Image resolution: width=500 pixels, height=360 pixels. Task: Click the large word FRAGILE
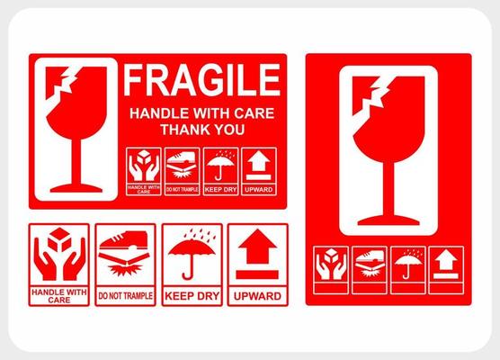[x=202, y=80]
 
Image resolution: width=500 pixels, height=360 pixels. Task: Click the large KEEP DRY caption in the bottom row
[x=192, y=295]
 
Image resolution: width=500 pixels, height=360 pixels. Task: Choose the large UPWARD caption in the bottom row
[x=257, y=295]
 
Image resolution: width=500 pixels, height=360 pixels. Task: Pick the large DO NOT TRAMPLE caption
[x=126, y=295]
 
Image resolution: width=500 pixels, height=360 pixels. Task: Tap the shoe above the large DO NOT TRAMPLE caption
[x=126, y=247]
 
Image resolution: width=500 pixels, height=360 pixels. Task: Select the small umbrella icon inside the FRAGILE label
[x=219, y=166]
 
